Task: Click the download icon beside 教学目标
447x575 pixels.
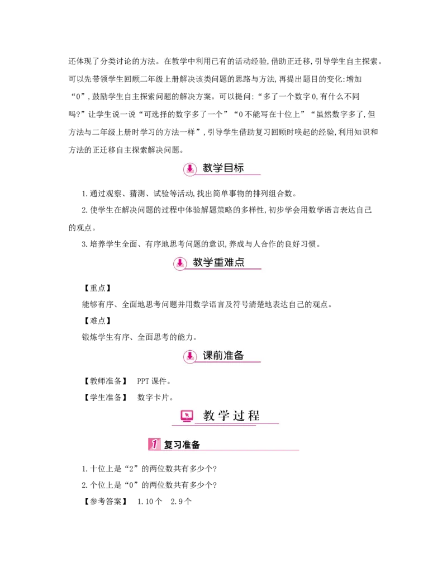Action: (191, 168)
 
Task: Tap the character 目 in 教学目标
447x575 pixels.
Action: (229, 168)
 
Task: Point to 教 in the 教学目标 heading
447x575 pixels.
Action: (208, 168)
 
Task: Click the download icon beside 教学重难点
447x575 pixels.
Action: (179, 262)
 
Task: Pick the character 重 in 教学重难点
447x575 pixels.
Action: (218, 262)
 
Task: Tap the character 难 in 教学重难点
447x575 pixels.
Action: (229, 262)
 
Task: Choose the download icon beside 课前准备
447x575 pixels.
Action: (191, 356)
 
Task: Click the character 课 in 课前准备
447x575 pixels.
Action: (208, 356)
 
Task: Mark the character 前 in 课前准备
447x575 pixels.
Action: (218, 356)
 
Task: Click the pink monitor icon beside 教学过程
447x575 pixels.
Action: (187, 416)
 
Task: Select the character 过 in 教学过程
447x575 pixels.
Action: (239, 416)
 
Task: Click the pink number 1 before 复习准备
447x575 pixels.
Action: (154, 445)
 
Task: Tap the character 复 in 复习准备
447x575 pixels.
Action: (168, 445)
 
